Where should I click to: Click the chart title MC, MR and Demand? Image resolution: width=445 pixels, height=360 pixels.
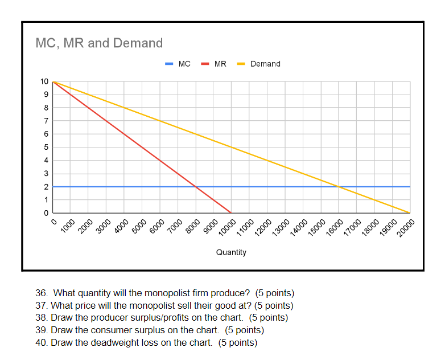[x=99, y=43]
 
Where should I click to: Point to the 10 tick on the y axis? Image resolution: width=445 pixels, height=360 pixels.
[x=44, y=81]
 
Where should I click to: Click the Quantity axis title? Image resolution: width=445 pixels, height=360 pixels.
[x=231, y=252]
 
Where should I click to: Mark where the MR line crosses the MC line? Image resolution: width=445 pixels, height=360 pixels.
[x=196, y=187]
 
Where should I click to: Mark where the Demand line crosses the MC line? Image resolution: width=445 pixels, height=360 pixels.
[x=339, y=187]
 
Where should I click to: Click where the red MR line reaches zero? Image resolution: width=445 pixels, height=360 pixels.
[x=231, y=213]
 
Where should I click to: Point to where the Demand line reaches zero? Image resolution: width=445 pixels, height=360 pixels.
[x=410, y=213]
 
